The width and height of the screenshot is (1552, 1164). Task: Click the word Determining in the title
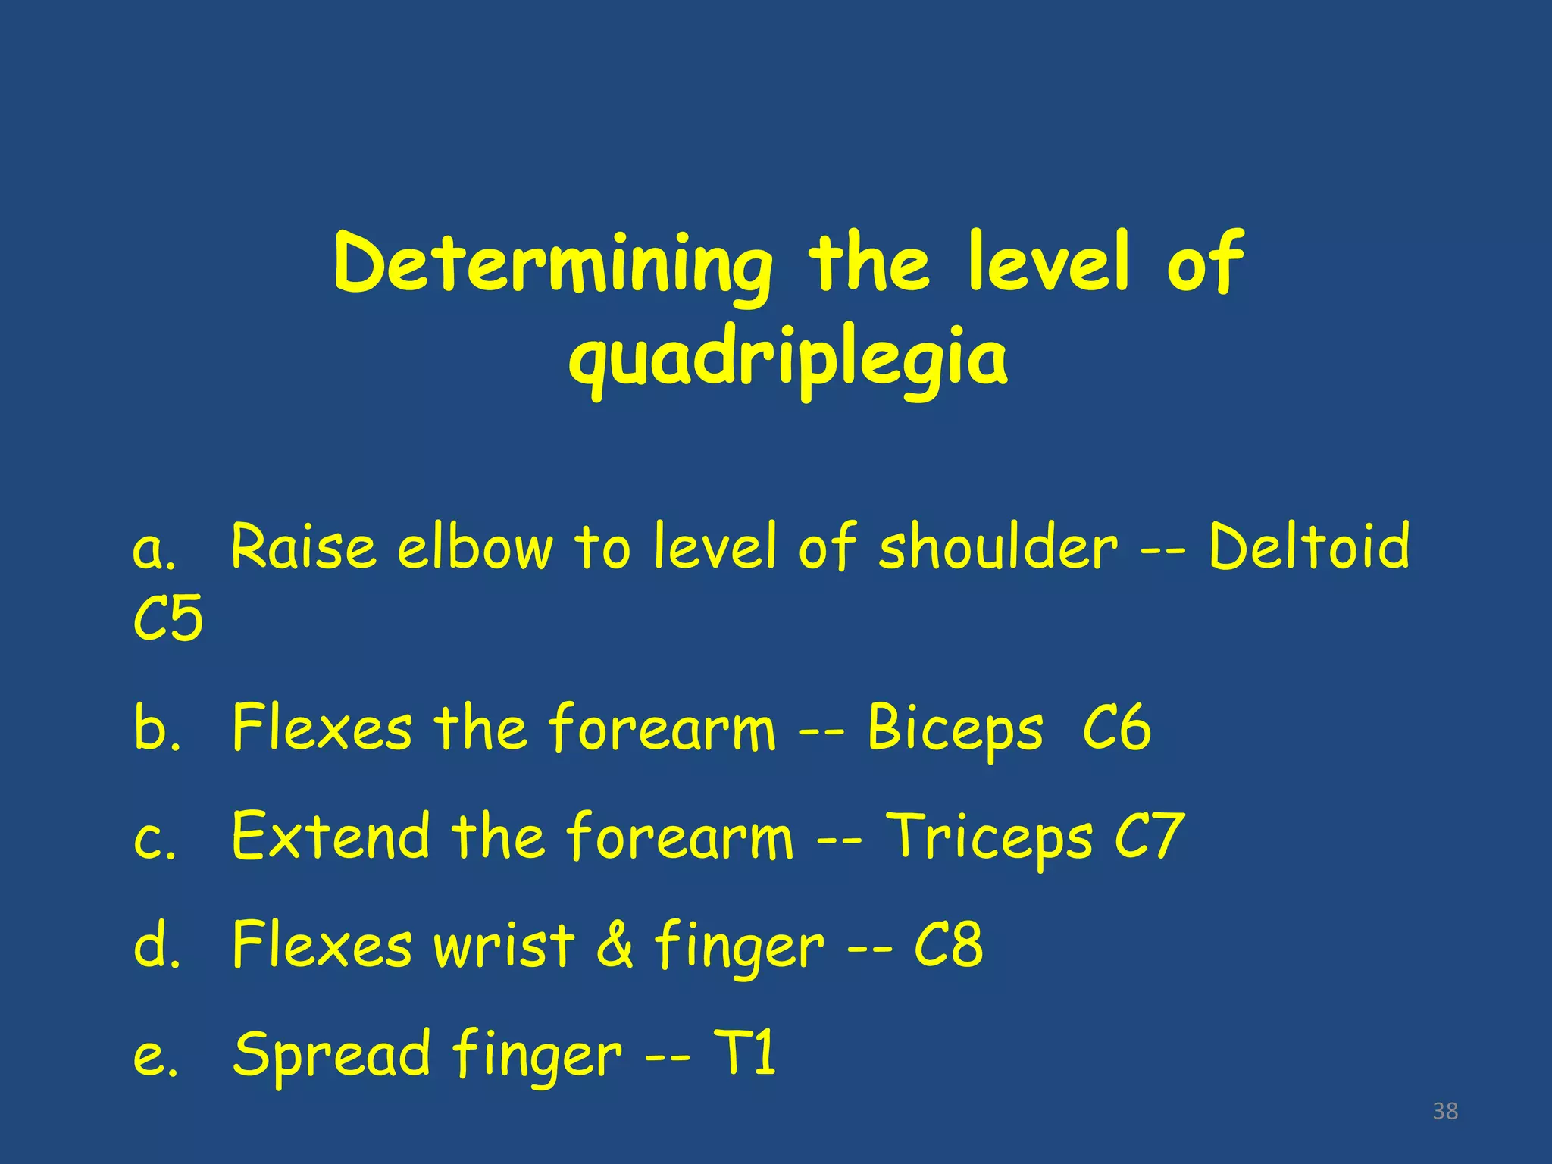[x=552, y=265]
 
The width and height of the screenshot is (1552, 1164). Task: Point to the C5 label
[x=167, y=618]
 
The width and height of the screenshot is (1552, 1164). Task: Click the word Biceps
[x=955, y=729]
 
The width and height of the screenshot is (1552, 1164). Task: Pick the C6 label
[x=1116, y=727]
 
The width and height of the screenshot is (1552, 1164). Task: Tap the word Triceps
[x=990, y=838]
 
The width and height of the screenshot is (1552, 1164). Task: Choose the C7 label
[x=1149, y=837]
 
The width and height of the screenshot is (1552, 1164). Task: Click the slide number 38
[x=1445, y=1111]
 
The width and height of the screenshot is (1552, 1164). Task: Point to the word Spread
[x=332, y=1055]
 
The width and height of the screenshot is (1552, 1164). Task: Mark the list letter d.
[x=156, y=946]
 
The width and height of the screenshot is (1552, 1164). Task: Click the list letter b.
[x=156, y=729]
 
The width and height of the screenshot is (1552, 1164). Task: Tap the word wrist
[x=503, y=946]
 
